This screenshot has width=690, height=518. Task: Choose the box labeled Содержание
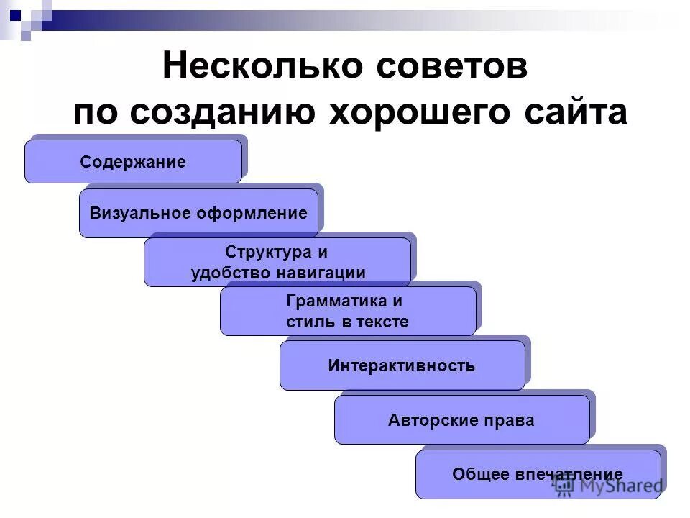click(x=133, y=162)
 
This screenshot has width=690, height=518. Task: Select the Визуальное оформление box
click(x=198, y=213)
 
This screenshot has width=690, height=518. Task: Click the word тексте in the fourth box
click(x=384, y=322)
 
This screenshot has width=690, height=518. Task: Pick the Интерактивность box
click(x=402, y=365)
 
